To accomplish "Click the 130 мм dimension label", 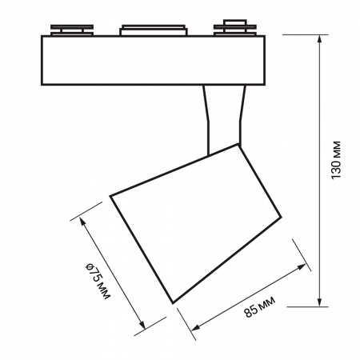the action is [x=336, y=160].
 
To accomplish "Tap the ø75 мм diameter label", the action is [x=98, y=281].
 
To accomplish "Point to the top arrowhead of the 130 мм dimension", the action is [x=320, y=38].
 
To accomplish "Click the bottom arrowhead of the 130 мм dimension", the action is [x=320, y=302].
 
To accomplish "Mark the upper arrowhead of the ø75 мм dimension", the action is [x=82, y=221].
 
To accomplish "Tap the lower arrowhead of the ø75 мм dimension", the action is [x=142, y=325].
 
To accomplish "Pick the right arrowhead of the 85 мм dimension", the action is [x=302, y=266].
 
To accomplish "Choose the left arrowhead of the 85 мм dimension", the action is [x=196, y=328].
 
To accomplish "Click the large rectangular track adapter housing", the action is [x=153, y=60].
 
